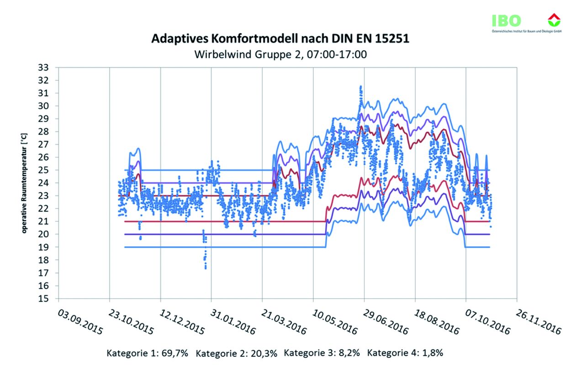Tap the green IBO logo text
pyautogui.click(x=506, y=21)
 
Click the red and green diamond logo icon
pyautogui.click(x=554, y=20)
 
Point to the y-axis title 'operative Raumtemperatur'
pyautogui.click(x=25, y=183)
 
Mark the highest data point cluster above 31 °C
pyautogui.click(x=361, y=88)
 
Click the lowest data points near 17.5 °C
pyautogui.click(x=206, y=266)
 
